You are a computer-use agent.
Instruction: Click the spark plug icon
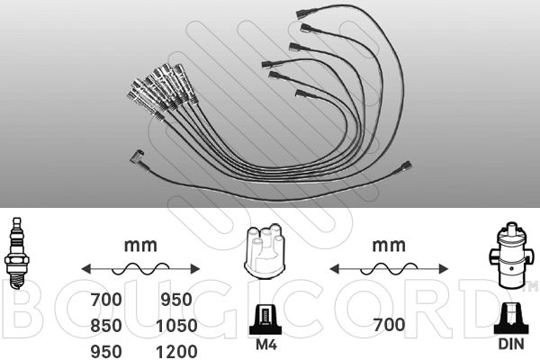point(16,253)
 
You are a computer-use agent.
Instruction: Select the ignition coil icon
point(510,255)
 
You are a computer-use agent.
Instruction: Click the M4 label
point(265,344)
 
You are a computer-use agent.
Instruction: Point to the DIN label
point(511,344)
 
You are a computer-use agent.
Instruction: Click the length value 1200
point(176,352)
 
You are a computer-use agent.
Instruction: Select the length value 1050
point(176,326)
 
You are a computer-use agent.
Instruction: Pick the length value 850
point(106,326)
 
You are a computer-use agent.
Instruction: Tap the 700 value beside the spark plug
point(106,300)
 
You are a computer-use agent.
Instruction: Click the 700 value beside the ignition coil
point(389,325)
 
